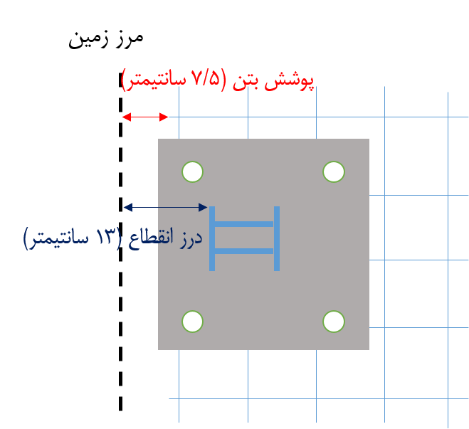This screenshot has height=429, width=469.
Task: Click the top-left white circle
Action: click(x=192, y=172)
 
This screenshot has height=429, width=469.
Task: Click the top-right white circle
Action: click(x=334, y=171)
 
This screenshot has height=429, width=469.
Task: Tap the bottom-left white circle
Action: click(x=192, y=322)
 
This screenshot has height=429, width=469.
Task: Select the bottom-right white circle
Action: click(x=334, y=322)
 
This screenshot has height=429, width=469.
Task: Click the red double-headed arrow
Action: click(x=145, y=117)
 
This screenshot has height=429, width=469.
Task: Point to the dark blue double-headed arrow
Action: click(x=164, y=207)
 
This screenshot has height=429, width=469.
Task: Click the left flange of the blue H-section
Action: click(x=212, y=238)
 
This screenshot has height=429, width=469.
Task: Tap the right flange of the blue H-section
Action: click(x=277, y=238)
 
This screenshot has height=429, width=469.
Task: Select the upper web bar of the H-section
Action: click(x=244, y=224)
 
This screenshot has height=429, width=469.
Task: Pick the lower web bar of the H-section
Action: click(x=244, y=251)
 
